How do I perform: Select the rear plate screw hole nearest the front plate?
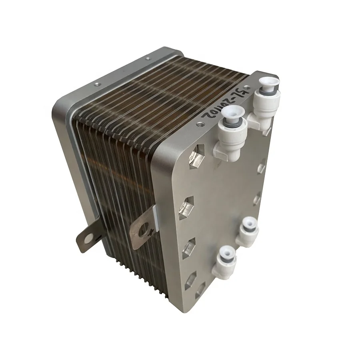(x=148, y=58)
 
